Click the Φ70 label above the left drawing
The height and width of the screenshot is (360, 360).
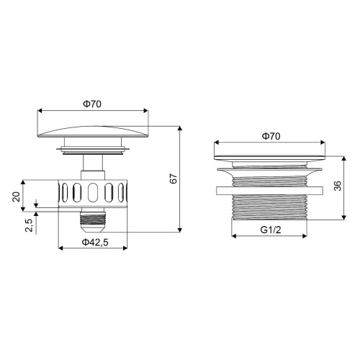(x=92, y=104)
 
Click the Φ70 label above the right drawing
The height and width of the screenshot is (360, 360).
(x=271, y=136)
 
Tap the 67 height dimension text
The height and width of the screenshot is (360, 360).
(x=174, y=179)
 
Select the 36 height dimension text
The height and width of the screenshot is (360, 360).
(x=338, y=186)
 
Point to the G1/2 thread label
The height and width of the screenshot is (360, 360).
(x=271, y=230)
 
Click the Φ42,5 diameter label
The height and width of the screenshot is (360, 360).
(x=95, y=242)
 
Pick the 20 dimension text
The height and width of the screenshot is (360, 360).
(x=16, y=197)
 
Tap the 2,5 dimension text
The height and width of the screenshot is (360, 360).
(x=29, y=225)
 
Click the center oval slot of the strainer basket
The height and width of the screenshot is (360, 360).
(x=93, y=192)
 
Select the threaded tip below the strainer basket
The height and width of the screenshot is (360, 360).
(x=92, y=220)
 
